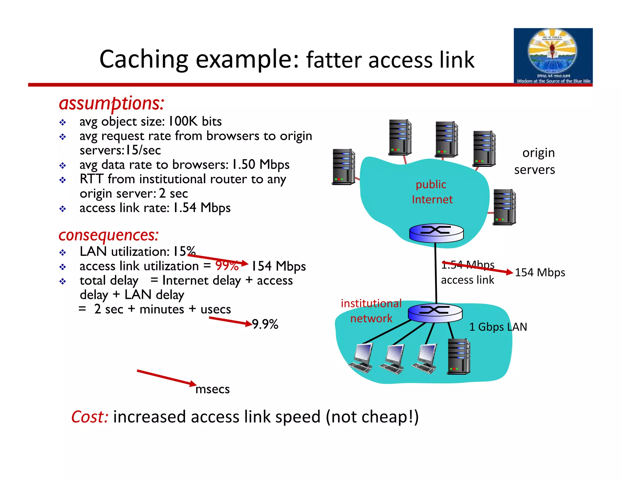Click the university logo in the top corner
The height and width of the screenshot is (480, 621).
[553, 56]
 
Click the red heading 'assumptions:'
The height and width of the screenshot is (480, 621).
[111, 103]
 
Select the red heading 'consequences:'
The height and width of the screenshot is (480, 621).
[108, 235]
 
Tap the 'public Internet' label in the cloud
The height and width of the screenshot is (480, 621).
[431, 192]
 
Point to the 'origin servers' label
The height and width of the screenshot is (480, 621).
[535, 161]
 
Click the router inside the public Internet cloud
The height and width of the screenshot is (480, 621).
[436, 233]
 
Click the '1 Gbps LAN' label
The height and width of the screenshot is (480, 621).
[498, 327]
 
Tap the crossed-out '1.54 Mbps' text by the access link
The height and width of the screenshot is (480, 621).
[468, 265]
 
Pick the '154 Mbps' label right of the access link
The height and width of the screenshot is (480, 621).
[540, 272]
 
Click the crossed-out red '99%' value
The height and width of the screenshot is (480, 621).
[227, 266]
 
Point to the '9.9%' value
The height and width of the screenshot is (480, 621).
[265, 324]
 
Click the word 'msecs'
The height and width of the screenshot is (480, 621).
[213, 389]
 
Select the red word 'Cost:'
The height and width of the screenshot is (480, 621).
[90, 417]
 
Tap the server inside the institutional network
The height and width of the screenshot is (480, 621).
[458, 357]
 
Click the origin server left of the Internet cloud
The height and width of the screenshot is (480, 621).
[343, 167]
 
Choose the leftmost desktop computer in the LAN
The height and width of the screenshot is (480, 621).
[361, 358]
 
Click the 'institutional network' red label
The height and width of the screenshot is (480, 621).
[371, 311]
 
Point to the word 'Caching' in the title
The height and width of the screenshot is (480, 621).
[144, 59]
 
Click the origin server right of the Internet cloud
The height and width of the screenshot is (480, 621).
[504, 207]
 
